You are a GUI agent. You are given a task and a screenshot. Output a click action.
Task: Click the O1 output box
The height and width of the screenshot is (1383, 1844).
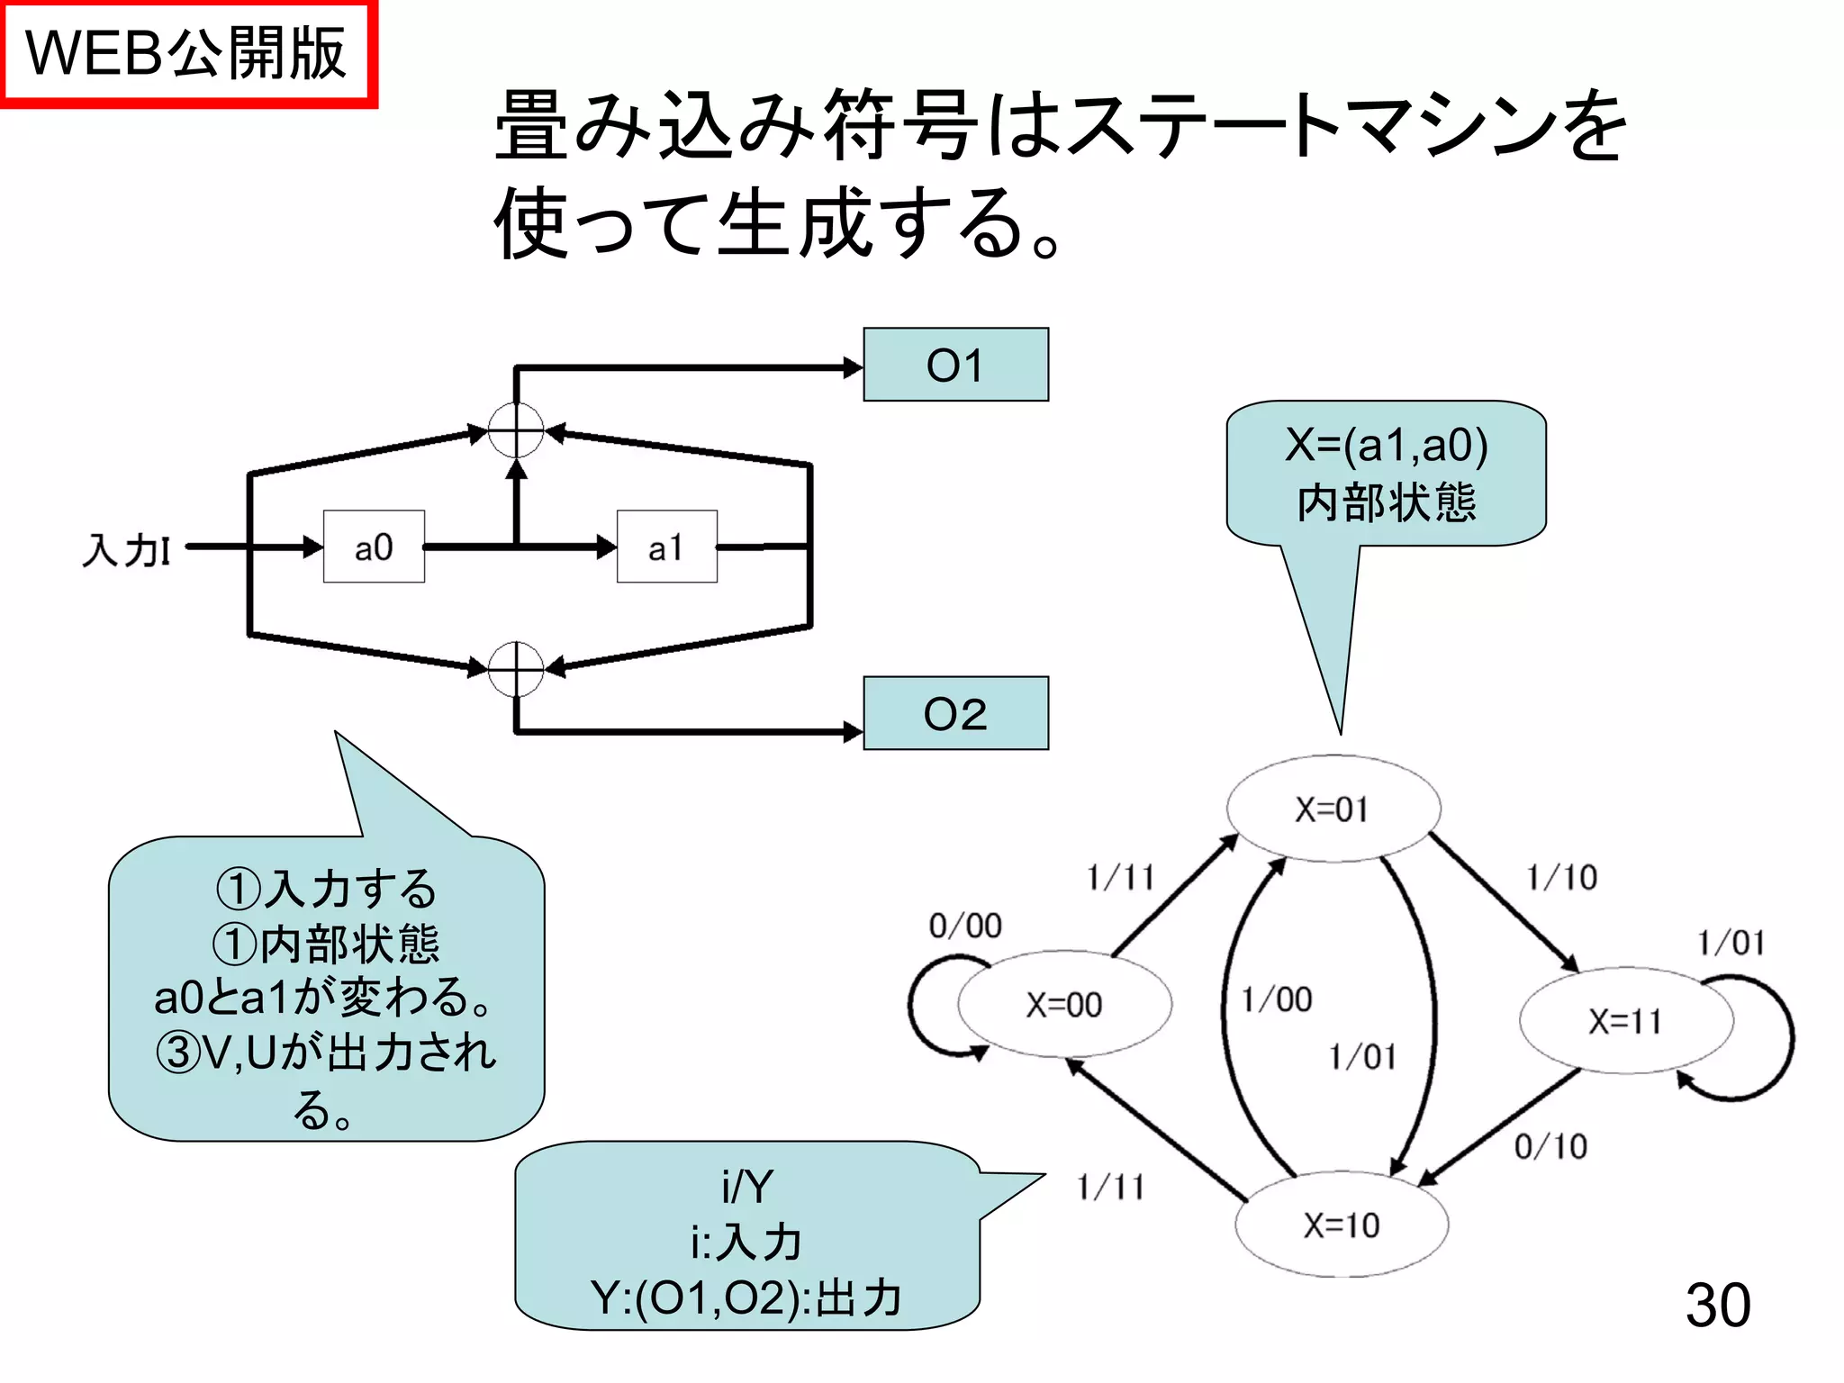[x=955, y=365]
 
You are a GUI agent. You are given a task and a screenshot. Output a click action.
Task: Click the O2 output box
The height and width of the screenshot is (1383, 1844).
[x=955, y=713]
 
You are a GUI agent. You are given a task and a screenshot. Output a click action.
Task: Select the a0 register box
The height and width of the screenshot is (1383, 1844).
[x=374, y=547]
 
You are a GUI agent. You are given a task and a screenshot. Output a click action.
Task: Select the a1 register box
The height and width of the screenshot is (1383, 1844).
[x=666, y=547]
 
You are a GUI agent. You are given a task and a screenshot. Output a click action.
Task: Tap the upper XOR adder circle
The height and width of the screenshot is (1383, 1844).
[x=516, y=430]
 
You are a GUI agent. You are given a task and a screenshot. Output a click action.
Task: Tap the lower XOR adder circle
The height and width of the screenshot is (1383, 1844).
[x=516, y=669]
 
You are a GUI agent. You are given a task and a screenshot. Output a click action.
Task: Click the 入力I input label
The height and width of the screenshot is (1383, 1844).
[x=126, y=549]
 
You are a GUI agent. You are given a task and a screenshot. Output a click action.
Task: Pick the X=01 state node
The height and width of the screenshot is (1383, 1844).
[x=1333, y=809]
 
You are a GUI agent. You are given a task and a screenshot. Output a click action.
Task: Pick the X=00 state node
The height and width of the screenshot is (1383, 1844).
[x=1064, y=1004]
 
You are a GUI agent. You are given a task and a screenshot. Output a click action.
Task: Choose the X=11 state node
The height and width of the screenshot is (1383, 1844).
[x=1625, y=1021]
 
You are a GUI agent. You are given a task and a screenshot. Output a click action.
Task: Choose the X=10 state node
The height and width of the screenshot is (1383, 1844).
[x=1342, y=1225]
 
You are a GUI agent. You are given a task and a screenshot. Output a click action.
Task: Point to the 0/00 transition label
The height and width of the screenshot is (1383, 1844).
[x=965, y=926]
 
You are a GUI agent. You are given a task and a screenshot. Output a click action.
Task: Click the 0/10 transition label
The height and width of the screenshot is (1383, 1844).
[x=1550, y=1146]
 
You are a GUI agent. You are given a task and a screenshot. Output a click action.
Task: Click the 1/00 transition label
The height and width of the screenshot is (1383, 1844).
[x=1277, y=999]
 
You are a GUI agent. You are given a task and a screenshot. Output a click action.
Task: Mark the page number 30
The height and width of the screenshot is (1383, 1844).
[x=1717, y=1305]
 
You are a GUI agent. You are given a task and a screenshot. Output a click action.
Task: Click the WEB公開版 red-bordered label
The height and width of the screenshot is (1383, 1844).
[x=186, y=53]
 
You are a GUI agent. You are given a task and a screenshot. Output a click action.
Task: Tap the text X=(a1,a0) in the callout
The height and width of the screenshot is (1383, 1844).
[x=1387, y=445]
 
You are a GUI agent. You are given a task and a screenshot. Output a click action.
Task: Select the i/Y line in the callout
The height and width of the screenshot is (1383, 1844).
[x=746, y=1186]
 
